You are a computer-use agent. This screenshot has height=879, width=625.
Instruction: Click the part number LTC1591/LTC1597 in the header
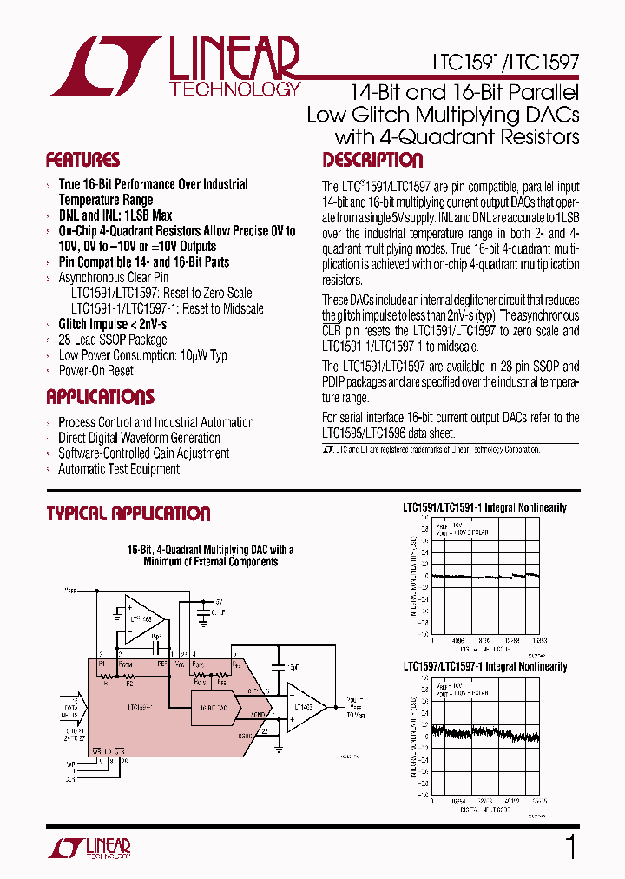(x=505, y=63)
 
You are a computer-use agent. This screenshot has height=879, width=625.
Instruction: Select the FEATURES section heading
(x=82, y=160)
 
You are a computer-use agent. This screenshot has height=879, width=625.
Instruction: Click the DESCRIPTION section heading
(x=372, y=160)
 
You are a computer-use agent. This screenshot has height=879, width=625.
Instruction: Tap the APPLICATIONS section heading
(x=100, y=397)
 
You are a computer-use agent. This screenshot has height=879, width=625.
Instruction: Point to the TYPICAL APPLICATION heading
(x=128, y=513)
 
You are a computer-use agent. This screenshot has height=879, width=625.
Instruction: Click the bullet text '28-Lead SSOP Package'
(x=112, y=340)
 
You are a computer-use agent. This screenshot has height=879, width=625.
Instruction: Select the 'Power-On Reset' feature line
(x=95, y=371)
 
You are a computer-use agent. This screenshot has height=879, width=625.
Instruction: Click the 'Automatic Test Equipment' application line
(x=118, y=470)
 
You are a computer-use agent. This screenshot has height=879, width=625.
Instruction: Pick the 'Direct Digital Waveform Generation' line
(x=139, y=439)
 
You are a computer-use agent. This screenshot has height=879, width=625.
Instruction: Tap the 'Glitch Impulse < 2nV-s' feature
(x=112, y=324)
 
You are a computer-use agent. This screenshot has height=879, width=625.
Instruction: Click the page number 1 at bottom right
(x=570, y=847)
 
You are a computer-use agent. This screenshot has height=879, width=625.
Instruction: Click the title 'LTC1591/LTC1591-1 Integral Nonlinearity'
(x=484, y=507)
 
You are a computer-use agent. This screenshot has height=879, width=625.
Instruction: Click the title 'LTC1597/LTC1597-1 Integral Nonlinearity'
(x=484, y=667)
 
